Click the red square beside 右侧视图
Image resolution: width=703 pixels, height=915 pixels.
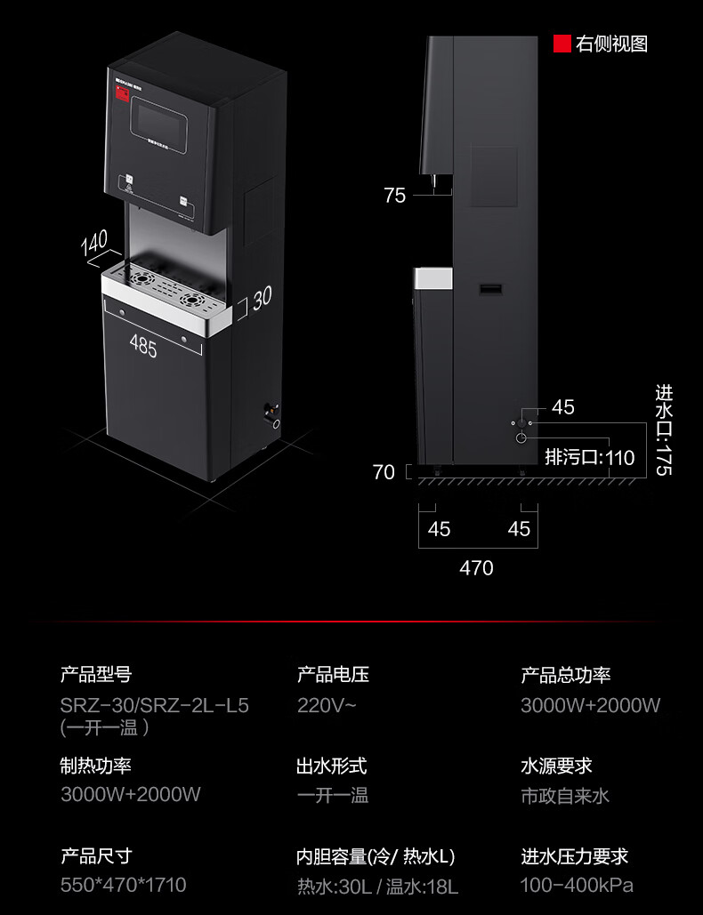562,44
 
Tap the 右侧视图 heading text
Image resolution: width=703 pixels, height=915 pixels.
611,44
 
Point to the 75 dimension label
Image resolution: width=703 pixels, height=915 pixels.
395,196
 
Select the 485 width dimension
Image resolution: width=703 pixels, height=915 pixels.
142,346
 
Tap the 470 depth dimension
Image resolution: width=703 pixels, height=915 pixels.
476,567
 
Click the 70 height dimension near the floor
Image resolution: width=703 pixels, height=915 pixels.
384,472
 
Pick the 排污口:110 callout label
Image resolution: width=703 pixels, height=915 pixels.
590,458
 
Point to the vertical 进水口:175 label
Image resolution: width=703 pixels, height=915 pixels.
664,429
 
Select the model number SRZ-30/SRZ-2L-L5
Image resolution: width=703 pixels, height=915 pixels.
155,706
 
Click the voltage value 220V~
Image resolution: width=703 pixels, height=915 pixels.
327,706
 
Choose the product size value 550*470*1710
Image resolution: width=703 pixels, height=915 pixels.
124,885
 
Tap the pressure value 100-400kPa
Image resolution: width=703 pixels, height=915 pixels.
577,885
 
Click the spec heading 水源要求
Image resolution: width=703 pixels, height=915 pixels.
556,766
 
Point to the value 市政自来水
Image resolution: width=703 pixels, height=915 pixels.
565,795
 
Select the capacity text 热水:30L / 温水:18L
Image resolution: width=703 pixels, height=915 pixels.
377,886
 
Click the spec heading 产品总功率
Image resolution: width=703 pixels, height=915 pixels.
566,676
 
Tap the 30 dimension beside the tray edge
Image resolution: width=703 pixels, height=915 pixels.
261,299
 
